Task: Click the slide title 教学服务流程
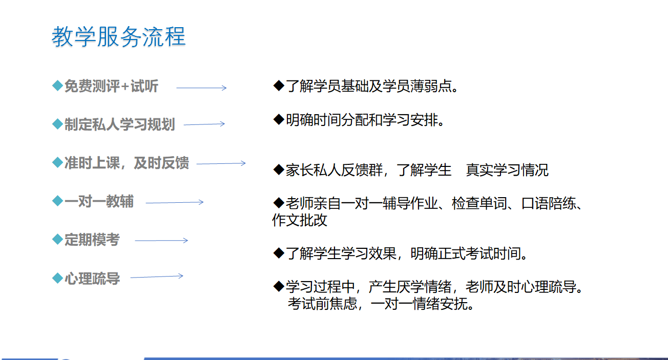[x=119, y=36]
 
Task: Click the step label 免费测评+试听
[x=111, y=87]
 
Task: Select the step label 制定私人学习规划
[x=119, y=124]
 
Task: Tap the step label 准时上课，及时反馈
[x=127, y=163]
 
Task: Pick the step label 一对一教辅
[x=99, y=201]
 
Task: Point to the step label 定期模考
[x=92, y=240]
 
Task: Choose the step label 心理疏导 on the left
[x=92, y=279]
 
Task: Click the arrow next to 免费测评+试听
[x=202, y=88]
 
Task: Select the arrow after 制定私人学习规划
[x=204, y=124]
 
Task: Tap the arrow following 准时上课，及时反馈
[x=221, y=163]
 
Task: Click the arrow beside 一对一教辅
[x=175, y=202]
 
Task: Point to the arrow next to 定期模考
[x=162, y=240]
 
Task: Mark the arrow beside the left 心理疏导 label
[x=157, y=276]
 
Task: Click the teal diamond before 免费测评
[x=57, y=86]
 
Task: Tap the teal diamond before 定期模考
[x=57, y=239]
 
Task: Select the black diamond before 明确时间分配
[x=279, y=119]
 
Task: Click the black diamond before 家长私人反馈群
[x=279, y=170]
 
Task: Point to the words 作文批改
[x=300, y=220]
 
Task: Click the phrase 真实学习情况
[x=507, y=170]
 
